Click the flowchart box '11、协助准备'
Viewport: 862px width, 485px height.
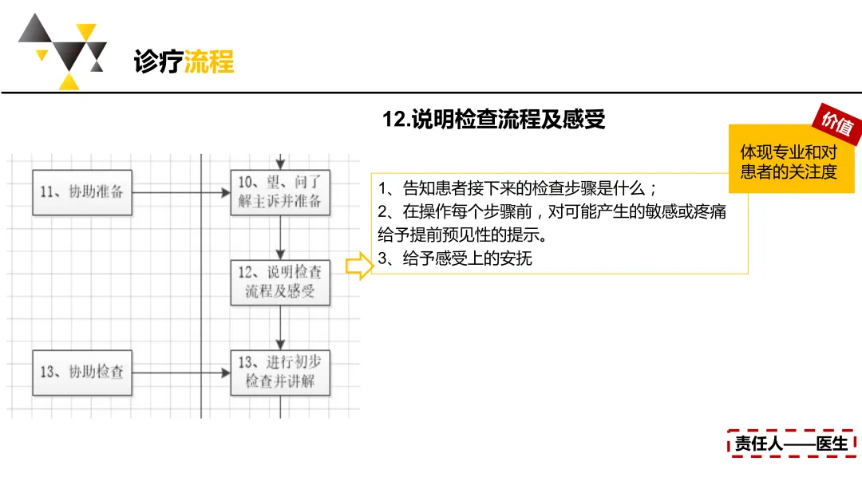(x=82, y=192)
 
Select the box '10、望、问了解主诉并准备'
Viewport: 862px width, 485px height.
(x=279, y=192)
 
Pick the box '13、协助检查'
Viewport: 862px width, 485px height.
(x=82, y=372)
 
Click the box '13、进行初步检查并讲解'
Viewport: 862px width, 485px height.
(x=279, y=372)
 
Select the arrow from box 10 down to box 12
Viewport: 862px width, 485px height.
(x=280, y=237)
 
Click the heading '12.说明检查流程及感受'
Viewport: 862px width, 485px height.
(x=494, y=120)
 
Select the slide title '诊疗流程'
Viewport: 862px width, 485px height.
(x=184, y=61)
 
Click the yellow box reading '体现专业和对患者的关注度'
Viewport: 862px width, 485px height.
(x=789, y=161)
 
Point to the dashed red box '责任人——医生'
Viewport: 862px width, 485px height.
(x=791, y=443)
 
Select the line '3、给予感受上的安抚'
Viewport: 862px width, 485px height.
(x=455, y=258)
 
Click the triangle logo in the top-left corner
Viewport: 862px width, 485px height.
(x=62, y=53)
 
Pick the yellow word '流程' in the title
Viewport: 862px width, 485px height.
(x=209, y=61)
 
